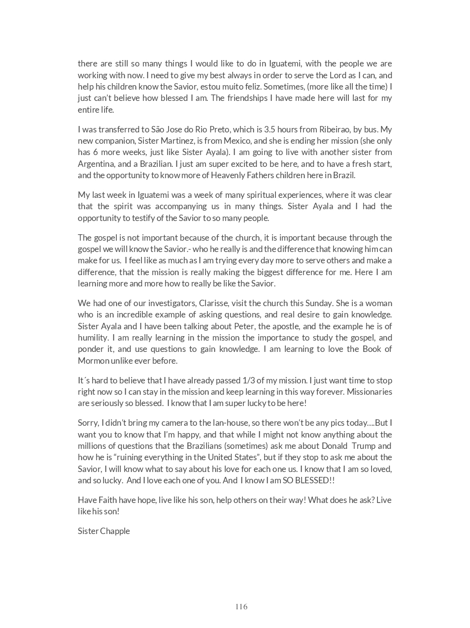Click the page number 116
click(x=241, y=606)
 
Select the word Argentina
click(x=96, y=163)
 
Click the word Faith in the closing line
click(x=107, y=500)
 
